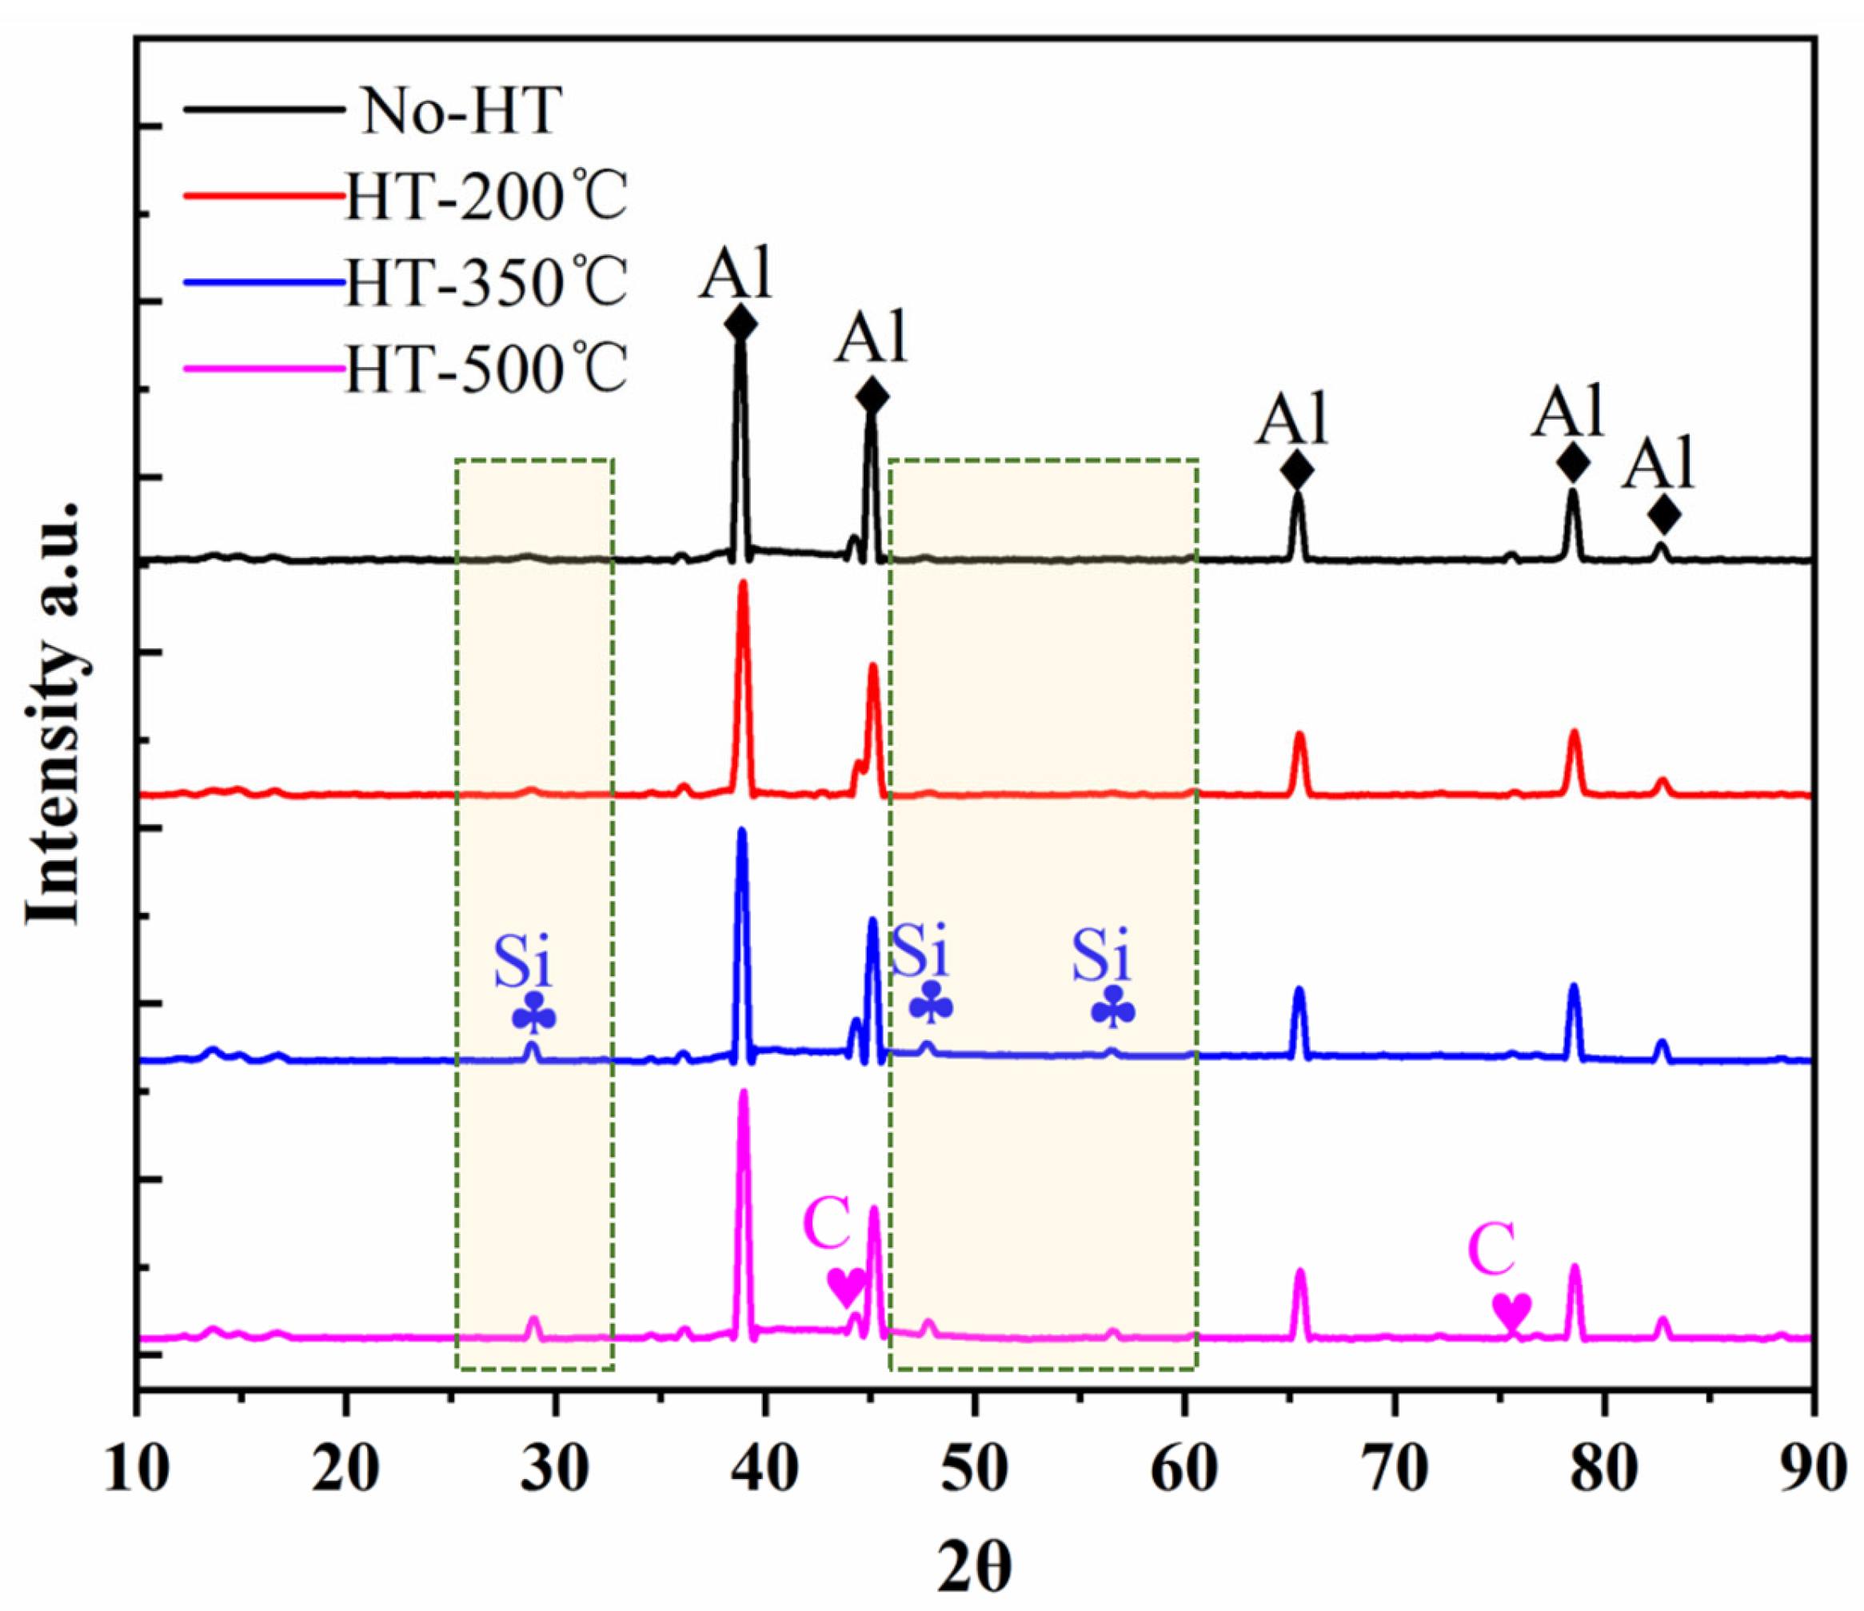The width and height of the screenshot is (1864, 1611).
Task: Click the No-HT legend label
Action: pos(461,112)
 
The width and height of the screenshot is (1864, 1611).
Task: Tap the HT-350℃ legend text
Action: pos(486,283)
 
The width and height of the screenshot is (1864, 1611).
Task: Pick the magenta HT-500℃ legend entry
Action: pos(486,369)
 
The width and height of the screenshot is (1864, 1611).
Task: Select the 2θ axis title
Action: pos(974,1568)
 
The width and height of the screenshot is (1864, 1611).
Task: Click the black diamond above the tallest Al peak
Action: pos(740,324)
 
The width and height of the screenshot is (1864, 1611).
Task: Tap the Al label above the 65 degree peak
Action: pos(1293,420)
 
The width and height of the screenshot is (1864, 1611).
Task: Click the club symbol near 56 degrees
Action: pos(1113,1008)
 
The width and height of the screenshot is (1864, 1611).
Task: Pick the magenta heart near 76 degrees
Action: pos(1511,1311)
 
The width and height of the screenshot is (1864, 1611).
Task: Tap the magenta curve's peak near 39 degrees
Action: pos(744,1094)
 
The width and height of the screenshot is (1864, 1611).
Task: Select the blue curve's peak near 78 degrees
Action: pos(1575,987)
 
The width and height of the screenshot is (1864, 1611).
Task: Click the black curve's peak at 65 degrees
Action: pos(1297,495)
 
